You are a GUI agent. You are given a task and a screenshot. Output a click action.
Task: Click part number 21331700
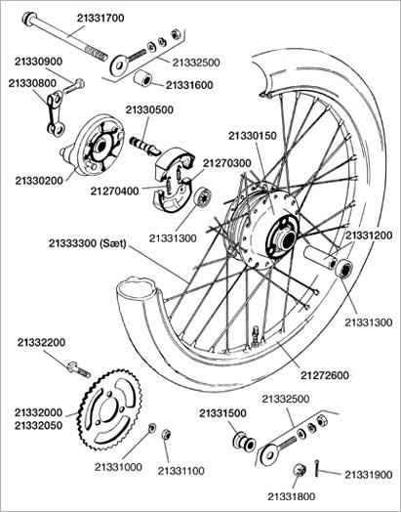100,18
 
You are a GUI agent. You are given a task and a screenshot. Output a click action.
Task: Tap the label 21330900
38,62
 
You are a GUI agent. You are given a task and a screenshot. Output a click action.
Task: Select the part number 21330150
252,136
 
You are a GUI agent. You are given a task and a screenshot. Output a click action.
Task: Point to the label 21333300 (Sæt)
88,243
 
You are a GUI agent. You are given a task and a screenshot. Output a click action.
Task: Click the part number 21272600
324,375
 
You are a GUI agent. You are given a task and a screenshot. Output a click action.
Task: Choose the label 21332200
41,342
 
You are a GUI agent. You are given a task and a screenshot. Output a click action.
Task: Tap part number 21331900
369,475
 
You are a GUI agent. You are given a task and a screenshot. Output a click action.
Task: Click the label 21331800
292,496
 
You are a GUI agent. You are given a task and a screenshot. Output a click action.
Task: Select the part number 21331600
189,85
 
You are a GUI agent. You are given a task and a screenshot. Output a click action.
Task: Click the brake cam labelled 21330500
145,146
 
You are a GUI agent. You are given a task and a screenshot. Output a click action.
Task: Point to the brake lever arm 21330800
55,113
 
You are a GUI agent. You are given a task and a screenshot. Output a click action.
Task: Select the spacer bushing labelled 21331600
142,78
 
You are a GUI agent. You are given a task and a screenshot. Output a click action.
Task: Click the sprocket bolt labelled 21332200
79,369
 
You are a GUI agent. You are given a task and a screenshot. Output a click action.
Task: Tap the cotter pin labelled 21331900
316,468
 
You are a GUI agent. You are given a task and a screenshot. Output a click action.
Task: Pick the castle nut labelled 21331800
300,470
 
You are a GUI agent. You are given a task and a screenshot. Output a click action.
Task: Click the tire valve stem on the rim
256,336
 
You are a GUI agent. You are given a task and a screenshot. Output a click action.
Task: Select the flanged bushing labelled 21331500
244,442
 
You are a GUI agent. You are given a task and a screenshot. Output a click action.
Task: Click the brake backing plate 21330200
95,146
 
